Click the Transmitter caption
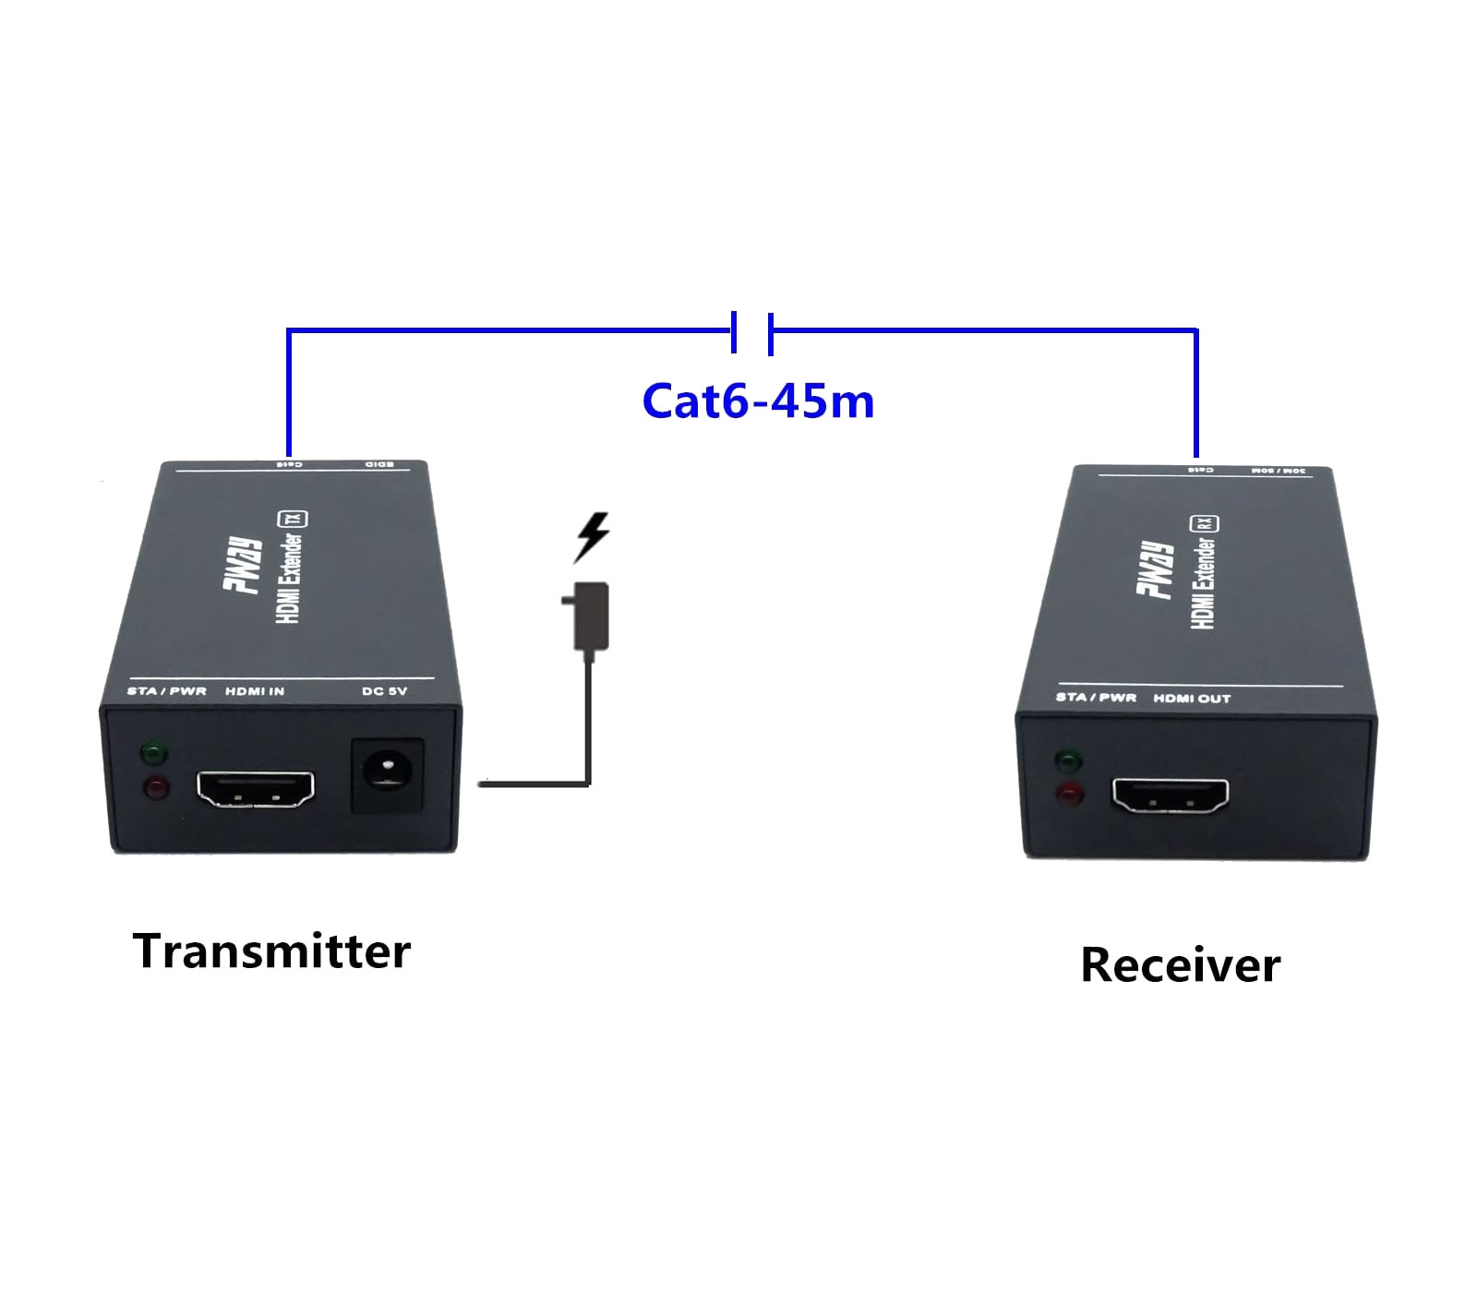click(x=271, y=951)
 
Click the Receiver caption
click(x=1180, y=965)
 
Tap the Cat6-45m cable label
click(x=758, y=401)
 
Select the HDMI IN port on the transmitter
click(x=255, y=789)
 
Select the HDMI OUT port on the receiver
click(x=1171, y=796)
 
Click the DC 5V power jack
click(x=389, y=775)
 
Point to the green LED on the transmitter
click(x=154, y=754)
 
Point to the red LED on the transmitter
click(x=155, y=789)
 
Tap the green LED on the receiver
click(x=1069, y=761)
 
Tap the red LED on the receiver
click(x=1070, y=795)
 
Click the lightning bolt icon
click(x=592, y=537)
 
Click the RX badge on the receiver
click(x=1207, y=523)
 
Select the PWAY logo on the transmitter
click(x=246, y=566)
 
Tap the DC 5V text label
click(x=384, y=691)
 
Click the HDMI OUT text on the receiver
click(x=1192, y=699)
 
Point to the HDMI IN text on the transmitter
click(x=255, y=691)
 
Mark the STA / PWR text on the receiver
click(x=1096, y=697)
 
